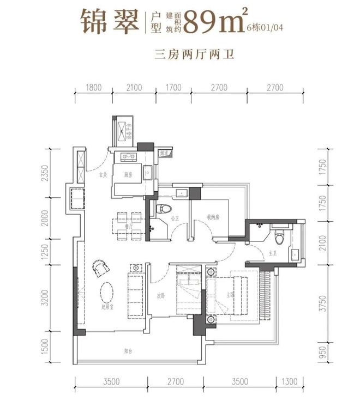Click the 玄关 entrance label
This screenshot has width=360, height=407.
102,175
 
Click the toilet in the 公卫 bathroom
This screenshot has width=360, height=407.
162,210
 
